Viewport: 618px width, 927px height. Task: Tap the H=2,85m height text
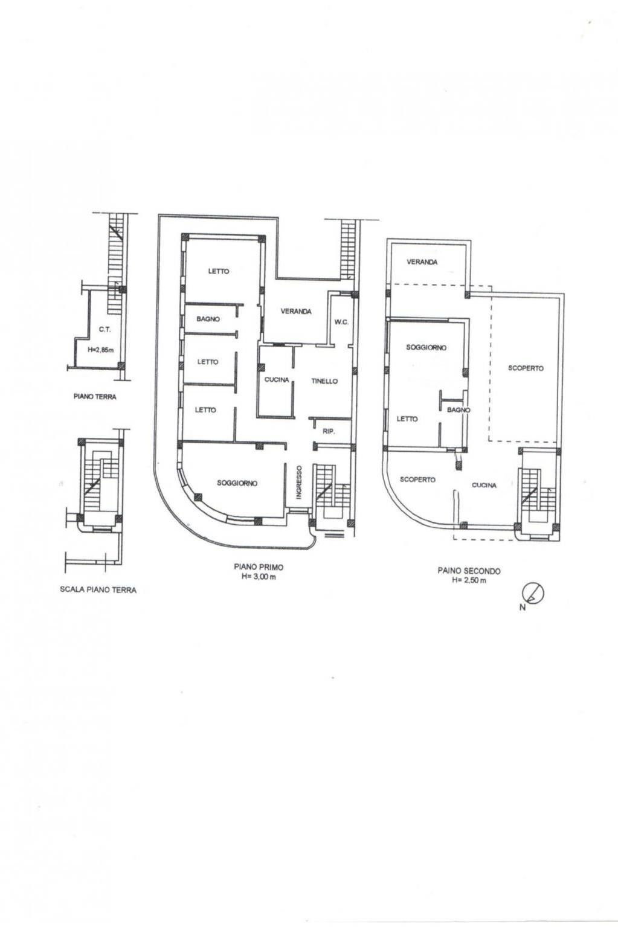pos(101,349)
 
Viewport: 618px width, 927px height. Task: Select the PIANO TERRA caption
pos(95,397)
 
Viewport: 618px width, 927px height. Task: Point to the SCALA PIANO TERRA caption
pos(98,589)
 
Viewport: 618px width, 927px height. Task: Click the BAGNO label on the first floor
pos(208,318)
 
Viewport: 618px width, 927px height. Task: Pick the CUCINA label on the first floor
pos(277,380)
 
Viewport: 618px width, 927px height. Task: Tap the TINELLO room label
pos(324,381)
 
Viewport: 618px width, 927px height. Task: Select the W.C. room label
pos(341,322)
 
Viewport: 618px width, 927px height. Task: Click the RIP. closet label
pos(329,431)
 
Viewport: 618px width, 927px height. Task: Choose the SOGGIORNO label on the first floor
pos(237,483)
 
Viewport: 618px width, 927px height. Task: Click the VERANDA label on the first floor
pos(296,311)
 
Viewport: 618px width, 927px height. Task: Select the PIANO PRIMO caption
pos(259,567)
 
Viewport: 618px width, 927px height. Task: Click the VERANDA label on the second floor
pos(422,262)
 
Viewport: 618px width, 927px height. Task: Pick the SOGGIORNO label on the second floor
pos(426,347)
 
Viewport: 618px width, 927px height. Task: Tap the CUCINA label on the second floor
pos(484,485)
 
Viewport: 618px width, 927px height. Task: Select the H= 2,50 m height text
pos(469,580)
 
